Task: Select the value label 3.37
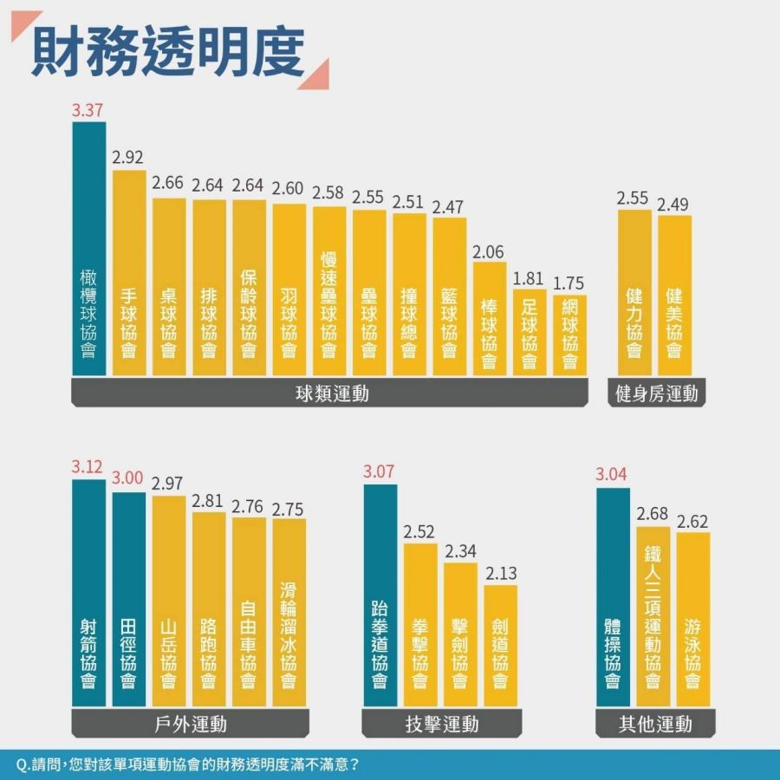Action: [x=88, y=110]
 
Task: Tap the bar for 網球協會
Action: [x=569, y=335]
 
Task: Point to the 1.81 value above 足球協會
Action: [x=529, y=280]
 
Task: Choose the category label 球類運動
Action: [x=330, y=393]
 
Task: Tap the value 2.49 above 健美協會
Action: [x=673, y=205]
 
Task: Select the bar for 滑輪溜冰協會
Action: [x=289, y=611]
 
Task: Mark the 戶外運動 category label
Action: [x=190, y=724]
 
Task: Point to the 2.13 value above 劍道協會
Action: [x=500, y=574]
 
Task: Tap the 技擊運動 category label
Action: [x=441, y=724]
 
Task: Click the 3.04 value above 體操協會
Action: [x=613, y=475]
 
